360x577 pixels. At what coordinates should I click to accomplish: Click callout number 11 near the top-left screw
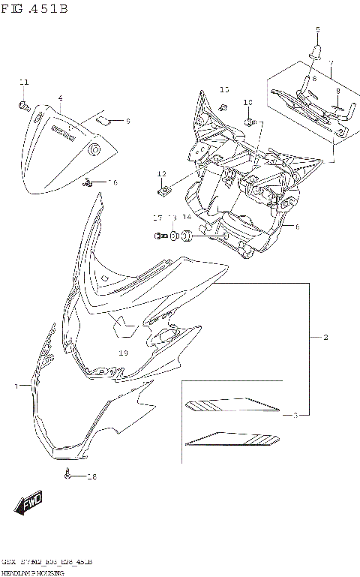click(x=23, y=82)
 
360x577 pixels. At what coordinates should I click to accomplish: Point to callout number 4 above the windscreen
click(x=60, y=98)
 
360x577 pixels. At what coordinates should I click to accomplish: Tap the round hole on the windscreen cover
click(x=94, y=151)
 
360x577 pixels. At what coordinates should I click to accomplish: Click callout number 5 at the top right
click(x=316, y=29)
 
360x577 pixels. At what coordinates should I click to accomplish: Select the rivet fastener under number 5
click(x=316, y=52)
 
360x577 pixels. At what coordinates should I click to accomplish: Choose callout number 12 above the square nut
click(x=161, y=174)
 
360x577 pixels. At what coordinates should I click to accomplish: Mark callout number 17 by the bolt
click(x=157, y=218)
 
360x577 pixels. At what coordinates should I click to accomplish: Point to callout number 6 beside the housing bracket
click(x=297, y=226)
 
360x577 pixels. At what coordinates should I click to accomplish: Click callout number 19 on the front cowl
click(x=124, y=353)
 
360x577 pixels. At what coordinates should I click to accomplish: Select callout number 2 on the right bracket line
click(x=325, y=338)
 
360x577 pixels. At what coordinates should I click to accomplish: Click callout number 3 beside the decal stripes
click(x=295, y=415)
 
